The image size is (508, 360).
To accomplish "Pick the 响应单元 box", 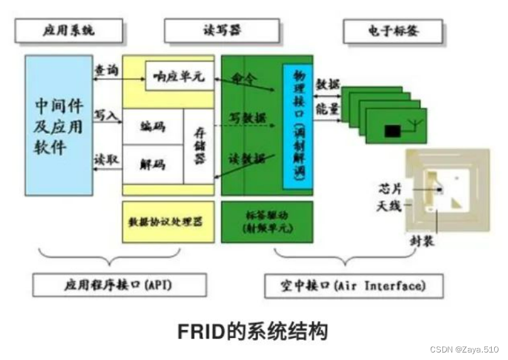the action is point(179,76).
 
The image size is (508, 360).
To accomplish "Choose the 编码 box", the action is point(153,126).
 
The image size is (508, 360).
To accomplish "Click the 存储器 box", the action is point(198,145).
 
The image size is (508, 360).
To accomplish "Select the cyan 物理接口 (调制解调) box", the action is point(297,125).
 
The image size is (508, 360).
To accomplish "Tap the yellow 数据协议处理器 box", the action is point(168,222).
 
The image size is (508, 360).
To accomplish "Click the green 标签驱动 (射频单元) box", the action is point(267,222).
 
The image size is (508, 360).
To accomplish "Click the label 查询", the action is point(106,71).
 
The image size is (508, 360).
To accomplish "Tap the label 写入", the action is point(106,115).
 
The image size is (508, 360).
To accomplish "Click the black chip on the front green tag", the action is point(392,131).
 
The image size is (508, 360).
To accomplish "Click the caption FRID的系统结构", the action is point(254,331).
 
